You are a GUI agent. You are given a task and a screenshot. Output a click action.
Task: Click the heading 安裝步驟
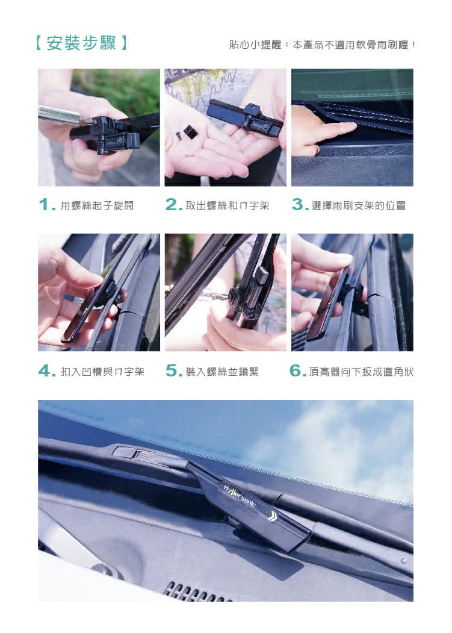click(x=81, y=43)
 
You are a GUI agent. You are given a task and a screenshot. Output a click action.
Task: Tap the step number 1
click(x=47, y=205)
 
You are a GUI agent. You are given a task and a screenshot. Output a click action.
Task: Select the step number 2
click(x=174, y=205)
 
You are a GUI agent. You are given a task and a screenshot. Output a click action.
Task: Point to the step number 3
click(x=300, y=205)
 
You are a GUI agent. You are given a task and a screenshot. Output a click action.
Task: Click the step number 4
click(x=47, y=370)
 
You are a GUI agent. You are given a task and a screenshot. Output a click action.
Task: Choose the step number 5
click(x=174, y=370)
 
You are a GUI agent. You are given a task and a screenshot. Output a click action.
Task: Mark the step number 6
click(x=298, y=370)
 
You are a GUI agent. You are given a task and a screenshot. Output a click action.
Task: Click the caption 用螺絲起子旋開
click(x=97, y=205)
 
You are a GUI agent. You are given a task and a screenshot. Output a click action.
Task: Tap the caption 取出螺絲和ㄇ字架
click(x=228, y=205)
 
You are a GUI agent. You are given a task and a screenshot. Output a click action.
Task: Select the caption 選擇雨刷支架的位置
click(x=358, y=205)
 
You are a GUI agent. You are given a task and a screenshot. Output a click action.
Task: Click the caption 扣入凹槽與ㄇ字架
click(x=102, y=372)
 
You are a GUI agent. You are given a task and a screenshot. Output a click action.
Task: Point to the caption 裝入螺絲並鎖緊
click(x=222, y=372)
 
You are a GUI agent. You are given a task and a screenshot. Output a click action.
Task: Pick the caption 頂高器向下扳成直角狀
click(x=361, y=372)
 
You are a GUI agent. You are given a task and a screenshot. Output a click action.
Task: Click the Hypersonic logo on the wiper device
click(x=240, y=495)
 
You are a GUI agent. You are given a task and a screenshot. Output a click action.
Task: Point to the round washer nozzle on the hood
click(x=403, y=561)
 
